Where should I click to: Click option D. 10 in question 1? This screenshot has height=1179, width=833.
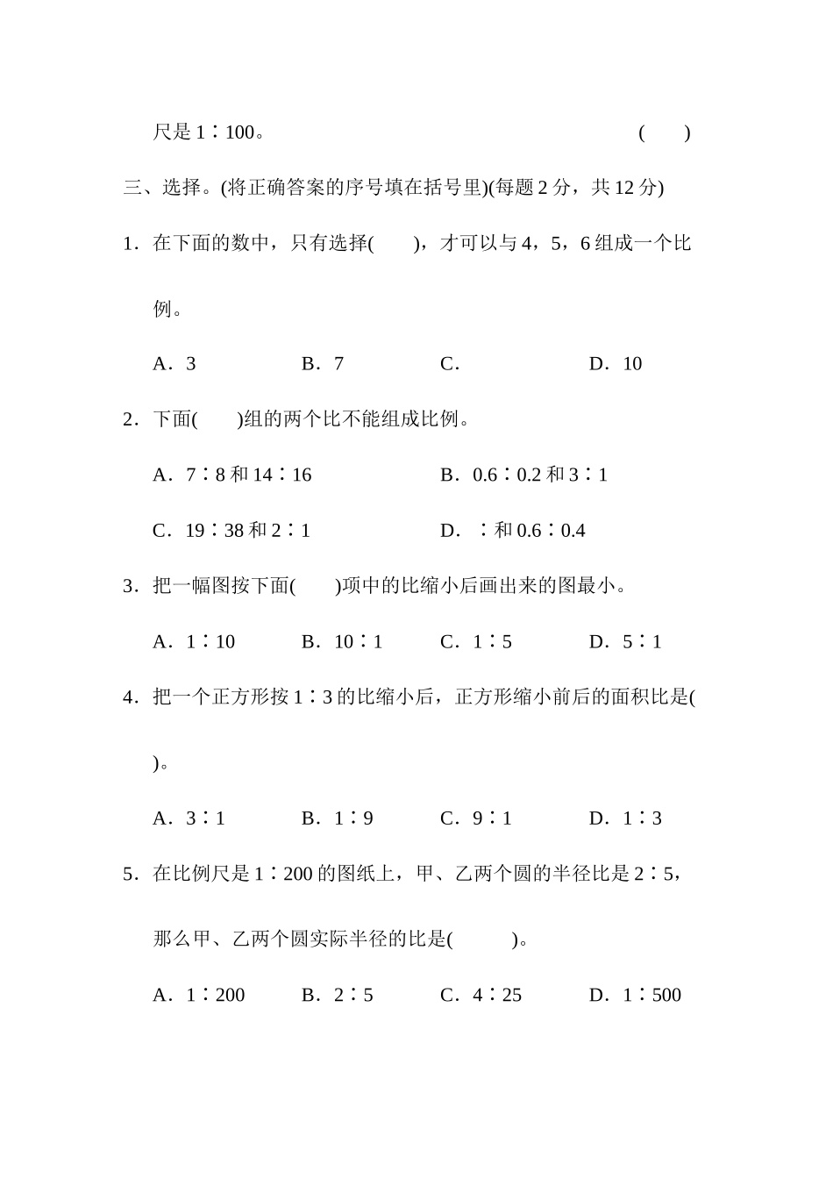click(x=616, y=364)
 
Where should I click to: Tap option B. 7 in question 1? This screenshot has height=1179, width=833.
click(x=323, y=364)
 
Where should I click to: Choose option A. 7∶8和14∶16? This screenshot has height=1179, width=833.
click(x=232, y=475)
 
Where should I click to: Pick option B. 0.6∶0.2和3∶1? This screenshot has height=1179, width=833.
click(x=523, y=475)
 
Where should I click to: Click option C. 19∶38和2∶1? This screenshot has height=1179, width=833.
click(x=231, y=531)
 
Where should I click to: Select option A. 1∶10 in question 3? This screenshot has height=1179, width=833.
click(x=194, y=642)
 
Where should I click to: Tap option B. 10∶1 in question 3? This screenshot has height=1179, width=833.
click(x=342, y=642)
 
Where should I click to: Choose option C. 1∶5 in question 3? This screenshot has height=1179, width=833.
click(x=476, y=642)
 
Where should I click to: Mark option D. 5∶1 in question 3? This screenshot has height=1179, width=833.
click(x=625, y=642)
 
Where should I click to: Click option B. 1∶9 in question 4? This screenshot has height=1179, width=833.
click(x=338, y=819)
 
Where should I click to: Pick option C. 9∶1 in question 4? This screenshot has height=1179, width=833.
click(x=476, y=819)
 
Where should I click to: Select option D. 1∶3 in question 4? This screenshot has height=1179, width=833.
click(x=625, y=819)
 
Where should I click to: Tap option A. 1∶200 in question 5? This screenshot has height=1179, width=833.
click(x=199, y=996)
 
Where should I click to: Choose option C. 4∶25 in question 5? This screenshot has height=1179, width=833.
click(x=481, y=996)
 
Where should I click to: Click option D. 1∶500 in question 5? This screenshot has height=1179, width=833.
click(x=635, y=996)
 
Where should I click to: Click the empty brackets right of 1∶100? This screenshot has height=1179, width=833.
click(x=665, y=133)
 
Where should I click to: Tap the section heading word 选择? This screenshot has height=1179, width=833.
click(x=182, y=188)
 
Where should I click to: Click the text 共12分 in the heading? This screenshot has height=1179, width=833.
click(x=627, y=188)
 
